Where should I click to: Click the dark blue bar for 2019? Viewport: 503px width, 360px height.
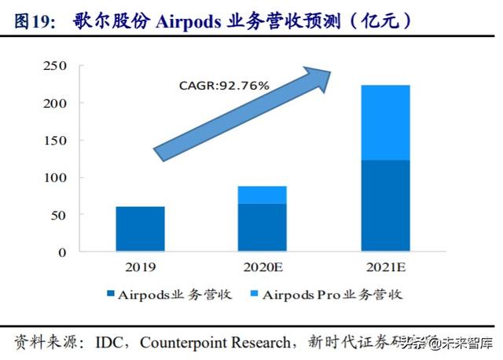140,229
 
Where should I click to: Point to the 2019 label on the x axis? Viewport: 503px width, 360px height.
140,266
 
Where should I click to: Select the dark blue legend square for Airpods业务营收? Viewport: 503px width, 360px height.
110,295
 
